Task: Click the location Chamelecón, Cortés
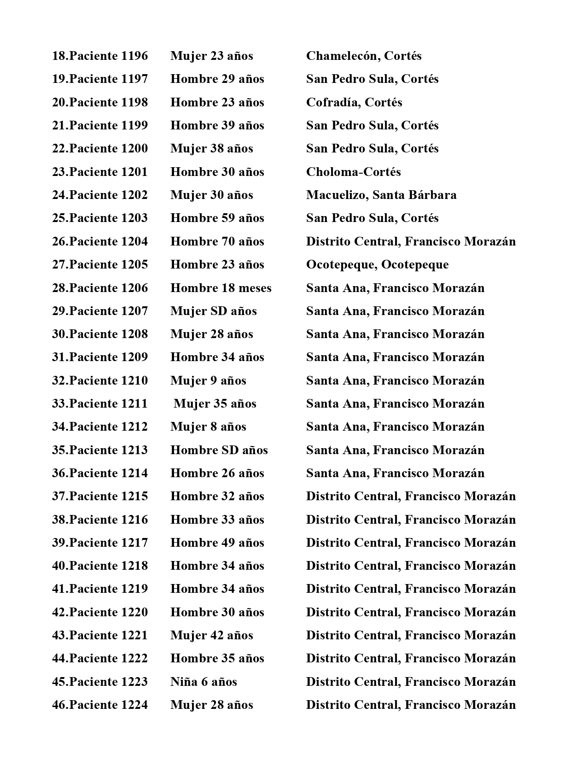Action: [364, 56]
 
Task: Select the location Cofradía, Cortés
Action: [354, 102]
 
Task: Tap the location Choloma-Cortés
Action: [353, 172]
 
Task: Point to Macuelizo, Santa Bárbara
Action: [381, 195]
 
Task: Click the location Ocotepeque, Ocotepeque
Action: [377, 264]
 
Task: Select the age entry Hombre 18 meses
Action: [221, 288]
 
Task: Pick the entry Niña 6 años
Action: [203, 682]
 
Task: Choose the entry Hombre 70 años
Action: [217, 241]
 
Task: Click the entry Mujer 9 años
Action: [208, 380]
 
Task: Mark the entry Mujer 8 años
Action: [208, 427]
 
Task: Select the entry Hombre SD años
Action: [219, 450]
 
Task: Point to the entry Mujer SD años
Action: [213, 311]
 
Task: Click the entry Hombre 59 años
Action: [217, 218]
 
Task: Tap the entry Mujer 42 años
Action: [211, 635]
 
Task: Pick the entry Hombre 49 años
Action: [217, 543]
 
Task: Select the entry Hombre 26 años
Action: [217, 473]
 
